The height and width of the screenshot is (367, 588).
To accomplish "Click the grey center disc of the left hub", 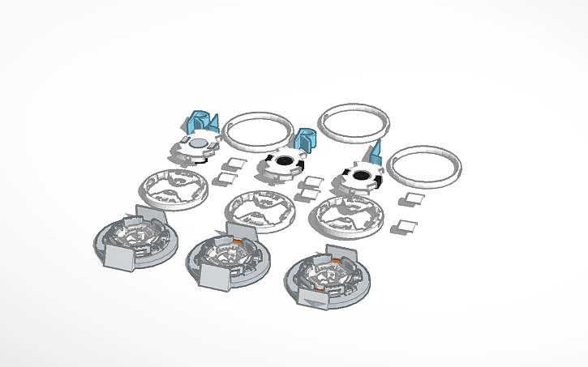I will click(x=197, y=143).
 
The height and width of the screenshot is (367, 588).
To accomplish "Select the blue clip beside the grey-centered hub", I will click(x=200, y=122).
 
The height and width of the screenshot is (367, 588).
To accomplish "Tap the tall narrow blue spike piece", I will click(x=377, y=151).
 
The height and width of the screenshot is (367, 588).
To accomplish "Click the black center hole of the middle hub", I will click(x=285, y=162).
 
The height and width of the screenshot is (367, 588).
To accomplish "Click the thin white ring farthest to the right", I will click(x=426, y=169).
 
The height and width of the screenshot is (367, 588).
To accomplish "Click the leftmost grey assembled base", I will click(x=134, y=241).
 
